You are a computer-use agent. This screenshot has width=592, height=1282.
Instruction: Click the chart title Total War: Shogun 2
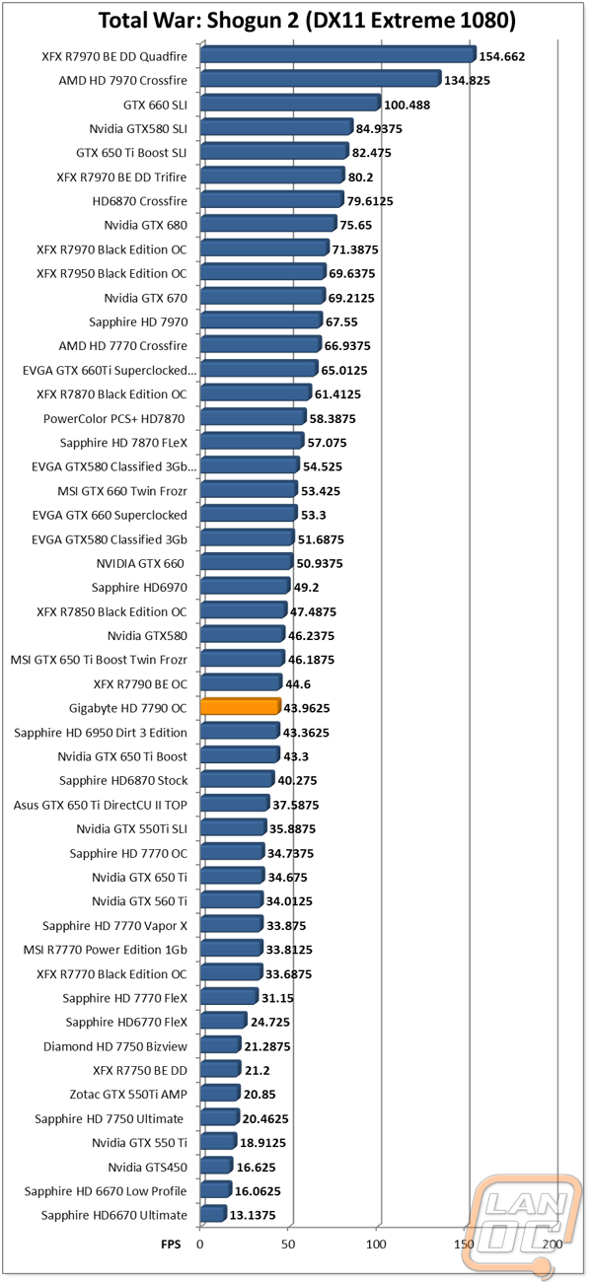294,21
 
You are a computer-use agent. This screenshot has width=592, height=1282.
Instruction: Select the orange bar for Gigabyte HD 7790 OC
240,707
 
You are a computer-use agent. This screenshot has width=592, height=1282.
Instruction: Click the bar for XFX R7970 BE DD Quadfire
336,55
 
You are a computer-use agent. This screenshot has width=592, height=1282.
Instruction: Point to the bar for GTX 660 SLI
289,104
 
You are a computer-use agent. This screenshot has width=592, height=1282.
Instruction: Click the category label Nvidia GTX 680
145,225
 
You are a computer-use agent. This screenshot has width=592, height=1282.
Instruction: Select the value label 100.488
407,105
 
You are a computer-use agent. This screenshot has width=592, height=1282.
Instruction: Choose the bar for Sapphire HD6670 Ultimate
212,1215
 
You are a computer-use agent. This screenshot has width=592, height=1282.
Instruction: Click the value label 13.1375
256,1216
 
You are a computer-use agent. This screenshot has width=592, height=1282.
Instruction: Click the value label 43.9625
314,708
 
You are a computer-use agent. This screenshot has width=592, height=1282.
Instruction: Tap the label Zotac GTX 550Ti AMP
122,1094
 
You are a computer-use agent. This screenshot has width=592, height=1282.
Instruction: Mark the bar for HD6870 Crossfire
270,200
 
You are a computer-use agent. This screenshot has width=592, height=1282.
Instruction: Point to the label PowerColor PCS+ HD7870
114,418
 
